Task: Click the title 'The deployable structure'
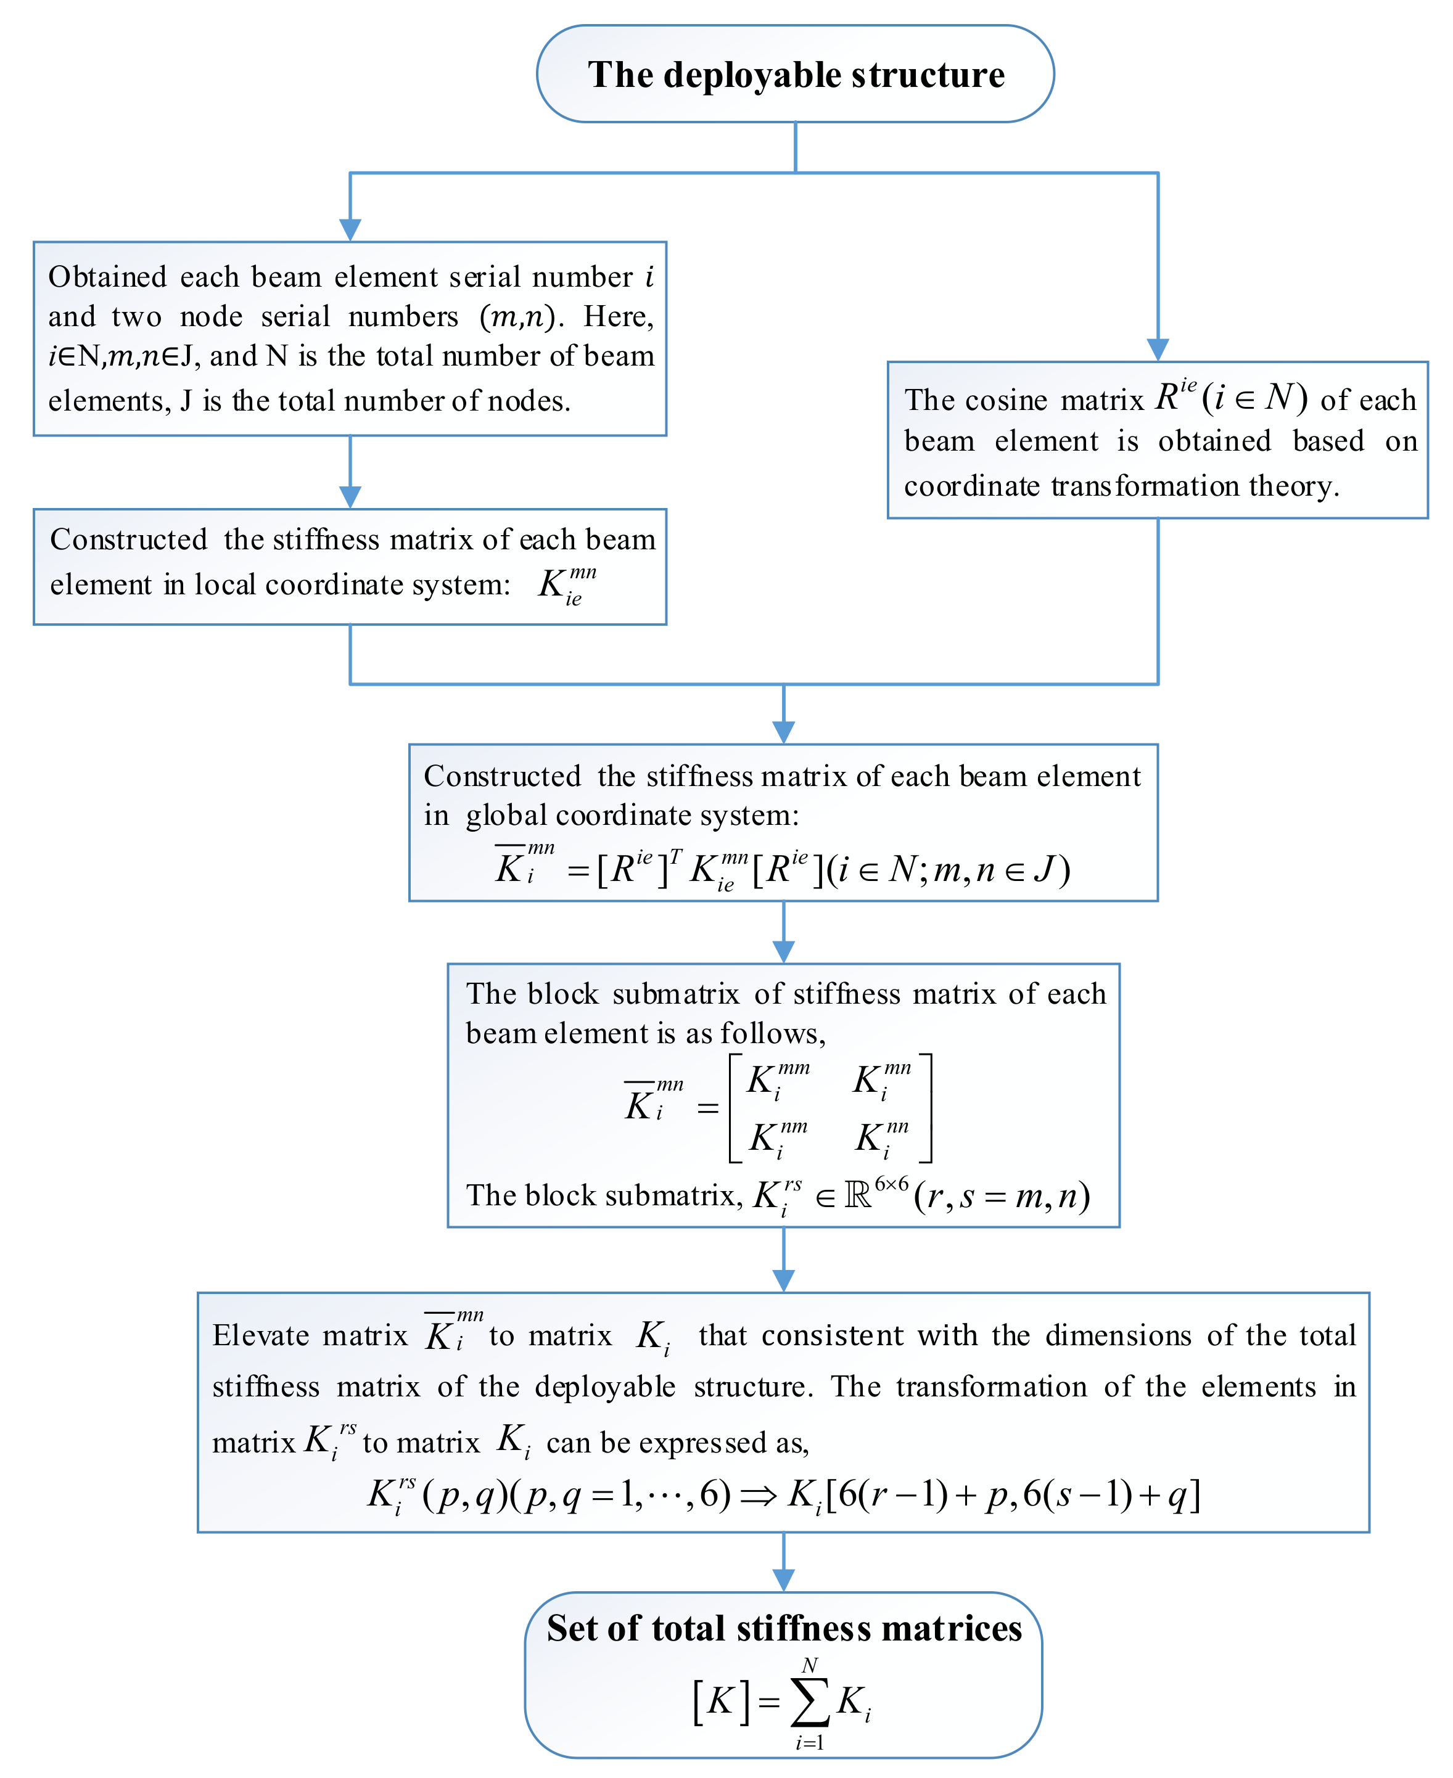[795, 75]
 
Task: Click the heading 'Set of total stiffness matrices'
[784, 1628]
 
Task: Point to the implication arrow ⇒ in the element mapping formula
[759, 1494]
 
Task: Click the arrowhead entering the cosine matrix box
[1158, 350]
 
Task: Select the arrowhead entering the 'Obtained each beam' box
[350, 230]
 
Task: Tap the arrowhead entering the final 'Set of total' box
[783, 1579]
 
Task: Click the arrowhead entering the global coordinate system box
[783, 732]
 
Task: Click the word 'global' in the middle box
[506, 816]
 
